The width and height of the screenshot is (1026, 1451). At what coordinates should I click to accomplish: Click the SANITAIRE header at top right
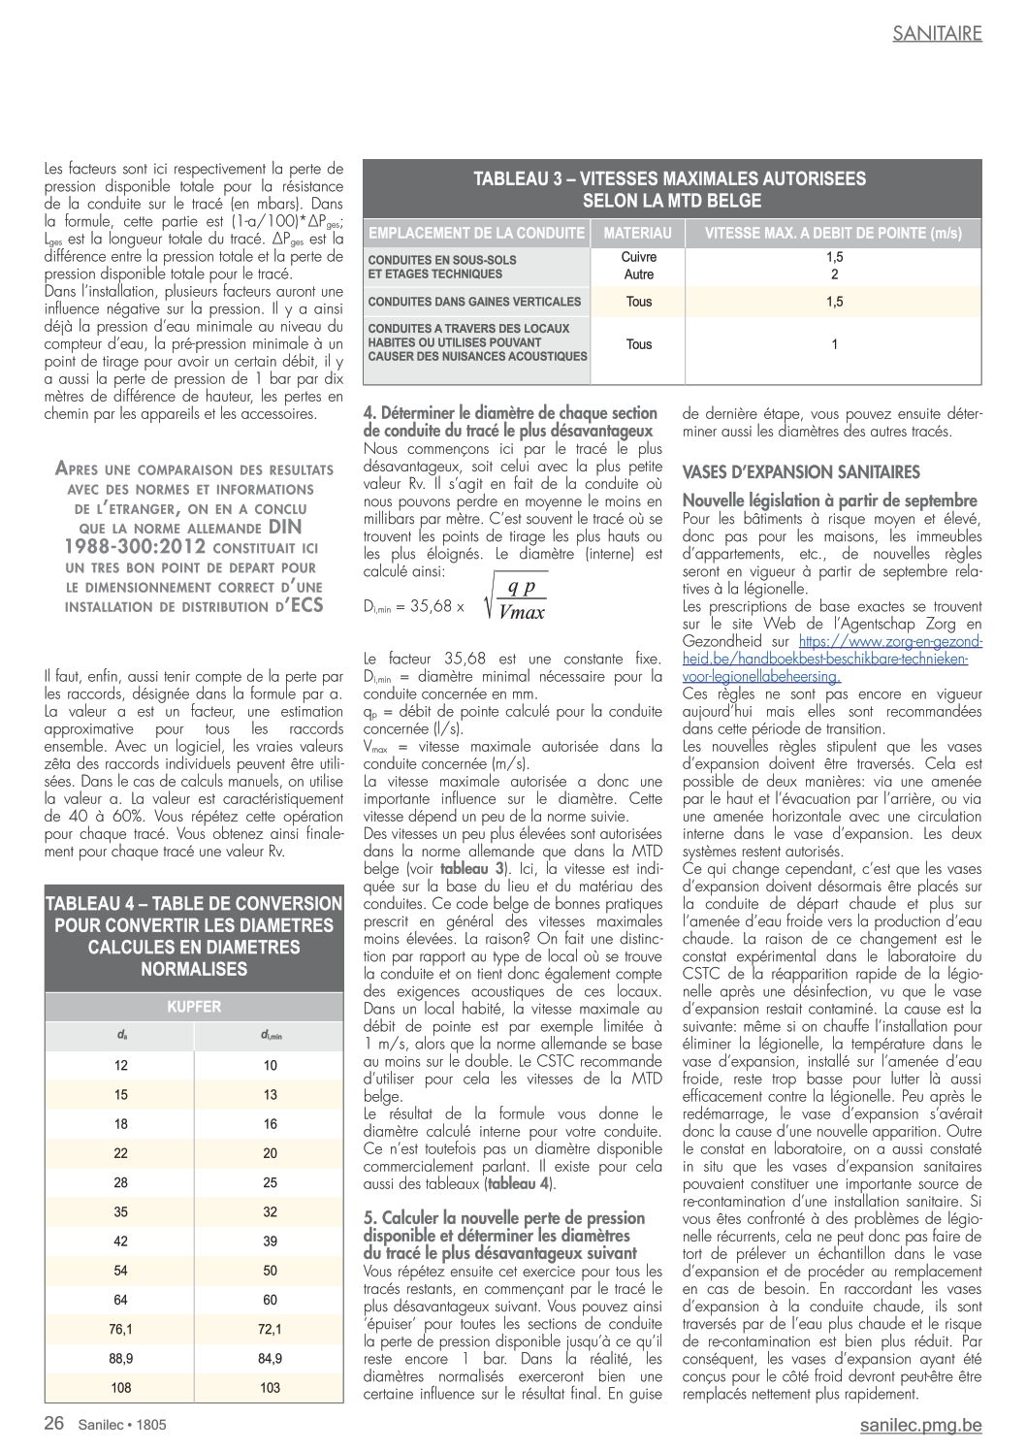click(937, 33)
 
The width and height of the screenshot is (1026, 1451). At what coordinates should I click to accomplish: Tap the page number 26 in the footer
click(54, 1424)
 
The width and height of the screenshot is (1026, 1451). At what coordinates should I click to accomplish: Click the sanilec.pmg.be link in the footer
click(920, 1425)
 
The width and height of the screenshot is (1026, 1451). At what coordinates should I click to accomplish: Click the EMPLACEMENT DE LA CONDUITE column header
click(476, 234)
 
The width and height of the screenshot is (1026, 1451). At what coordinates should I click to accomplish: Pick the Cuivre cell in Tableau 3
click(639, 257)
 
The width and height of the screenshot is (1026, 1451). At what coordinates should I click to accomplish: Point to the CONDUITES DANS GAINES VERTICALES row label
click(474, 302)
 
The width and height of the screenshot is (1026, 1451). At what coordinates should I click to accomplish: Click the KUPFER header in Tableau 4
click(194, 1007)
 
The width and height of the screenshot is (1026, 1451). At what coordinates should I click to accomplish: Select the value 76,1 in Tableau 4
click(120, 1329)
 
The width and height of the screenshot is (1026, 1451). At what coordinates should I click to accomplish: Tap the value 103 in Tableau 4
click(270, 1388)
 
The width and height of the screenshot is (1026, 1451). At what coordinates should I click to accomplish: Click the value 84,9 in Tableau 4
click(270, 1359)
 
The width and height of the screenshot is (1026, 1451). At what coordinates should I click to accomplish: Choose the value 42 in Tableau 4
click(120, 1241)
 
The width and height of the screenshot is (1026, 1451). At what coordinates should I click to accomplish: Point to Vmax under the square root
click(522, 612)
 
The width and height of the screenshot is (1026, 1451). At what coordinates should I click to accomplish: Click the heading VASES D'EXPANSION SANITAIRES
click(801, 472)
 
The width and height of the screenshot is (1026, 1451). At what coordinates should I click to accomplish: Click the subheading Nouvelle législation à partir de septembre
click(829, 500)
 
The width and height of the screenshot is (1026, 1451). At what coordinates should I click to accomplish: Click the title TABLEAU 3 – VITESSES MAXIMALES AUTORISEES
click(670, 179)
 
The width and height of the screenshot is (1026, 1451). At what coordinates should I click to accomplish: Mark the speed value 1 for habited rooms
click(834, 344)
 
